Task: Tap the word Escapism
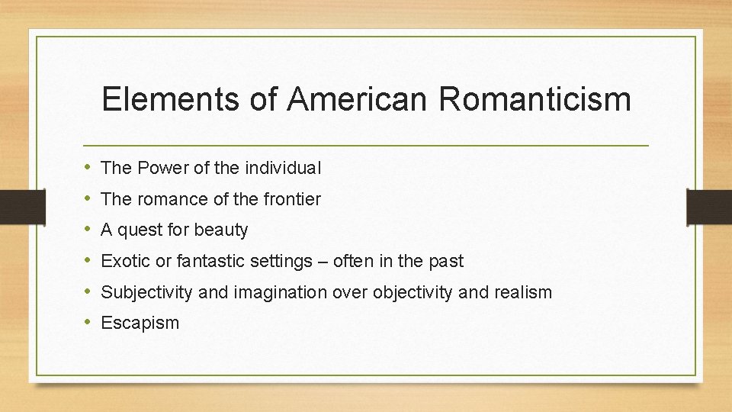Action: pyautogui.click(x=140, y=323)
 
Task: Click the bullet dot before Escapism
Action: pyautogui.click(x=89, y=323)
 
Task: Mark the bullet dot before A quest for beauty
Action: pyautogui.click(x=89, y=230)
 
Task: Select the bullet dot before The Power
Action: pyautogui.click(x=89, y=167)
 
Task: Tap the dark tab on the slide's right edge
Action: pyautogui.click(x=709, y=206)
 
